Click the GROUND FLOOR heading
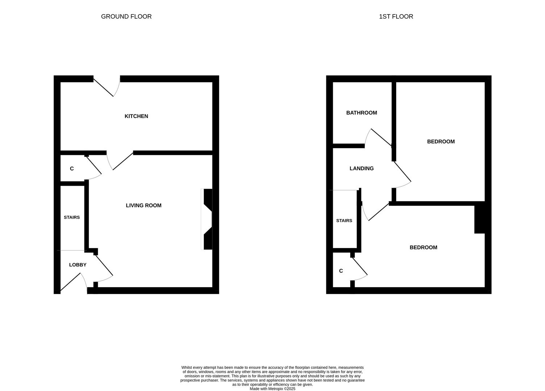coord(126,17)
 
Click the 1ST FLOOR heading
coord(396,17)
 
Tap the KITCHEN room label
coord(136,116)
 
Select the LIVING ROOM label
coord(143,205)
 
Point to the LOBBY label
coord(77,265)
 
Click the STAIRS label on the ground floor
coord(72,217)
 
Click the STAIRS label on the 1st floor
coord(344,220)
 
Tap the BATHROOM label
coord(361,113)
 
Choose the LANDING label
coord(361,168)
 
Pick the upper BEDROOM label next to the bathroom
coord(441,142)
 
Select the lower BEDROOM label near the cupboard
coord(423,247)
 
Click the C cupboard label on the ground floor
coord(72,169)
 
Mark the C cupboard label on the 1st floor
coord(341,271)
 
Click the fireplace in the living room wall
coord(207,219)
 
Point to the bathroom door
coord(380,138)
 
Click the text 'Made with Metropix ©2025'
coord(272,389)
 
